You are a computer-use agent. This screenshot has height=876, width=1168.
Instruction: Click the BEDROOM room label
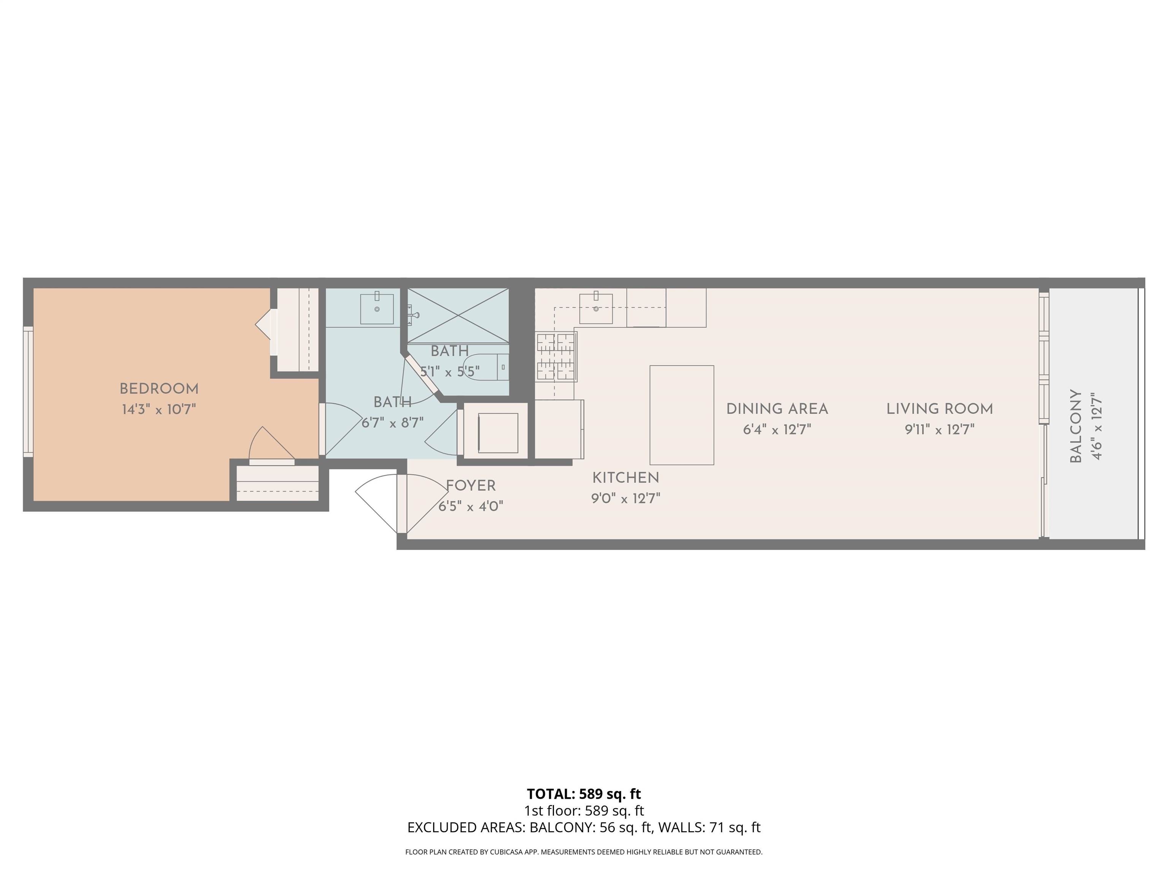159,389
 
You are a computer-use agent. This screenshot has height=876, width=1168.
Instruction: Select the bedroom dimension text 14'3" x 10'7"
159,410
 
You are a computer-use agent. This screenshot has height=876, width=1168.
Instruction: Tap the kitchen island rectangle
681,415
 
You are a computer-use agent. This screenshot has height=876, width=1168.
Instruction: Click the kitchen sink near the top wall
596,309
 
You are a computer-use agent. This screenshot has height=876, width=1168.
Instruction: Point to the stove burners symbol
555,357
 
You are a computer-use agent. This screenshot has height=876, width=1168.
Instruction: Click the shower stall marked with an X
458,315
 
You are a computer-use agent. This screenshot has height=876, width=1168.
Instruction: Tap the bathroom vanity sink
376,309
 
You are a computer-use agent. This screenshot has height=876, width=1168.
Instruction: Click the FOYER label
470,486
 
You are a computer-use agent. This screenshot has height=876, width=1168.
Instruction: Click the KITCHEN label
626,478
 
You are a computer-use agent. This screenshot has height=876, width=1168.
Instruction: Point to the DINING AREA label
777,409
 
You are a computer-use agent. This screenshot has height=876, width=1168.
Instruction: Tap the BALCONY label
1076,427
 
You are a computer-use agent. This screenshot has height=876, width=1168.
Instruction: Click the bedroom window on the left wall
28,391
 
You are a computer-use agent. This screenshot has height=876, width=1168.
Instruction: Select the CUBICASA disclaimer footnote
584,852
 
